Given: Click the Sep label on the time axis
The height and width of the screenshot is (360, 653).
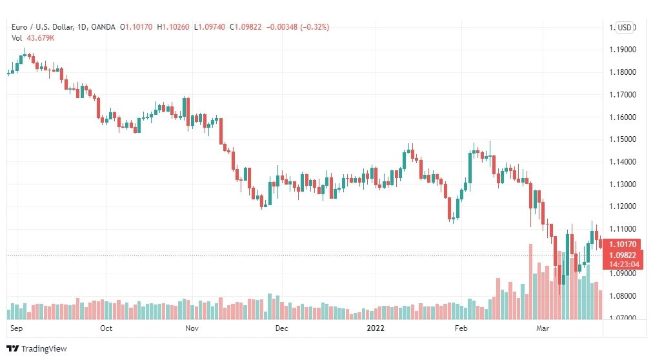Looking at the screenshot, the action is click(16, 328).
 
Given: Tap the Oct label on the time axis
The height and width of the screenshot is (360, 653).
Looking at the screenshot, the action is click(106, 328).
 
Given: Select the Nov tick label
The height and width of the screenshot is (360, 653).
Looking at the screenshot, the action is click(192, 328).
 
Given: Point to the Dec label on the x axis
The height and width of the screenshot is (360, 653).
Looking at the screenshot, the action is click(281, 328).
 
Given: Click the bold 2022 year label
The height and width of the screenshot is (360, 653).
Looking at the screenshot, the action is click(376, 328).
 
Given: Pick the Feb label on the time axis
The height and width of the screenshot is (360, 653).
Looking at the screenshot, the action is click(461, 328).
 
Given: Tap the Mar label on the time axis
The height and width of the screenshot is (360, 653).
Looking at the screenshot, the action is click(543, 328).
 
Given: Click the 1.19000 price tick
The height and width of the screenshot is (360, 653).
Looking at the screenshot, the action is click(623, 50).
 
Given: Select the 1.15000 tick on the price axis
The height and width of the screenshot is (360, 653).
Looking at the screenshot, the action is click(623, 139).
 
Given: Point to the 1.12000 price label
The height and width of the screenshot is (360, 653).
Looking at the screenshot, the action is click(623, 206).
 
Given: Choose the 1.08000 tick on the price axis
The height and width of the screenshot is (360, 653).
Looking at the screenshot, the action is click(623, 296).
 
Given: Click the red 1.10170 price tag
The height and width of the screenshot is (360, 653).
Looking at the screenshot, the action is click(623, 245).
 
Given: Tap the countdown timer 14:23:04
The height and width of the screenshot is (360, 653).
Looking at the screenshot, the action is click(624, 265).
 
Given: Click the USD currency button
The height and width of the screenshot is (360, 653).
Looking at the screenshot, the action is click(624, 28).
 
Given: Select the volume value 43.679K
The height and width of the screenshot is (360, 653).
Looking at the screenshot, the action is click(41, 38).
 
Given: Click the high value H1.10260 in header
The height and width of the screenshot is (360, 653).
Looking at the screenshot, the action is click(173, 27).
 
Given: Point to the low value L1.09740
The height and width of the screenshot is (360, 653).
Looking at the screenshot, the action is click(210, 27).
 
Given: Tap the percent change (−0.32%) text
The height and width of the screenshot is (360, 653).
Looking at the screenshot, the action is click(314, 27).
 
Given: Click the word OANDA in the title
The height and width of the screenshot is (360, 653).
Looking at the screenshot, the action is click(103, 27).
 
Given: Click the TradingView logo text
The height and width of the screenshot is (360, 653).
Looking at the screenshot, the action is click(44, 349).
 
